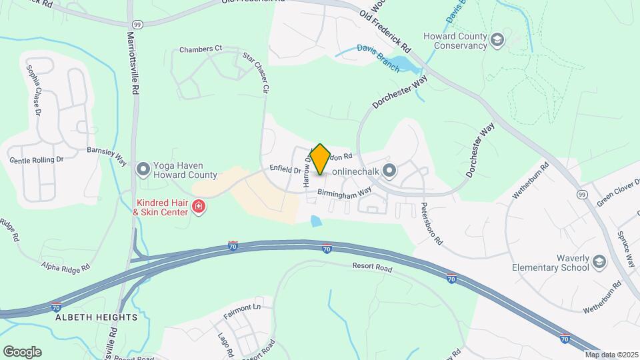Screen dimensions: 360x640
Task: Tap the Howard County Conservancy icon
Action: click(x=497, y=41)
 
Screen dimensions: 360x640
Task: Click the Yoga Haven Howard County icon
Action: click(x=142, y=170)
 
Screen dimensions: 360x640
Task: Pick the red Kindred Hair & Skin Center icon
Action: click(x=198, y=207)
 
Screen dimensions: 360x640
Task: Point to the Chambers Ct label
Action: click(x=200, y=49)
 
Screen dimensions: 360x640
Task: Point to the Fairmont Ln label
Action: click(x=241, y=307)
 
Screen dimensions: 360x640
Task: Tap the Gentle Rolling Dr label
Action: click(x=36, y=160)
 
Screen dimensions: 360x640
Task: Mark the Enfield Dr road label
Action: click(x=285, y=169)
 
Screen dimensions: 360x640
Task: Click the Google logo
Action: click(x=22, y=351)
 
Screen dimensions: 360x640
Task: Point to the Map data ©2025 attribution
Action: click(x=611, y=355)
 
